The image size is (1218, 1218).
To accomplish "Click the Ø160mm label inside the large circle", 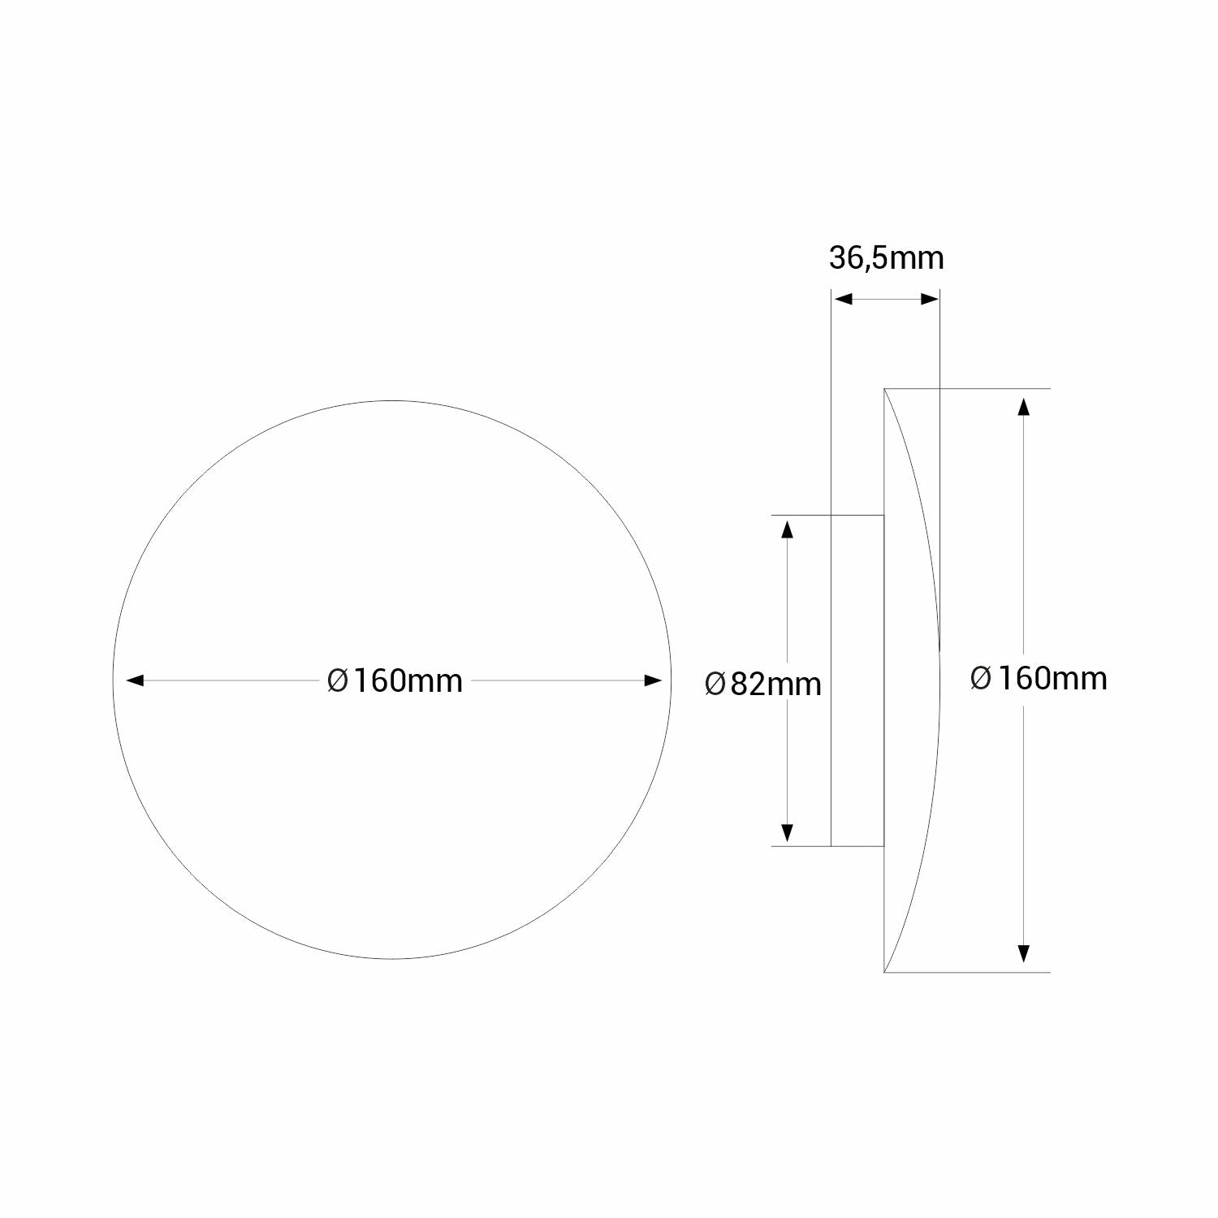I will [x=395, y=680].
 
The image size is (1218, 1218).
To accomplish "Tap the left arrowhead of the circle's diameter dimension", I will [x=134, y=680].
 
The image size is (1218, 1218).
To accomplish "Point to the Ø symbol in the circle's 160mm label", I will [x=337, y=680].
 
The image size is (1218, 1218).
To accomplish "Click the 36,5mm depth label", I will [x=886, y=258].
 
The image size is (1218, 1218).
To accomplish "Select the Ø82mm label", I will [x=762, y=684].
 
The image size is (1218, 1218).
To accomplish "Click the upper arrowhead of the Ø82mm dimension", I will [x=786, y=529].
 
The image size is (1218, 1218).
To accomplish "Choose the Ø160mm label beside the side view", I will [x=1038, y=678].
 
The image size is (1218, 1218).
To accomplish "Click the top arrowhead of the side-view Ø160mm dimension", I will [x=1024, y=406].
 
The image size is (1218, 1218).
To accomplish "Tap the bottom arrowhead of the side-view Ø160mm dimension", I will [x=1024, y=953].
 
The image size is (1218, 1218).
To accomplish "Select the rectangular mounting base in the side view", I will [x=857, y=680].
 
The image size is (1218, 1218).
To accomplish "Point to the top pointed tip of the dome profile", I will [x=885, y=391].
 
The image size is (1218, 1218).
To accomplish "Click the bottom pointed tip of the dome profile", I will [x=885, y=970].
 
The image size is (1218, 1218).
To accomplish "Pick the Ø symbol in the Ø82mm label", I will [x=715, y=684].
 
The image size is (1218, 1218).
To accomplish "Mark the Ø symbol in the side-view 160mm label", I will [x=981, y=678].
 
